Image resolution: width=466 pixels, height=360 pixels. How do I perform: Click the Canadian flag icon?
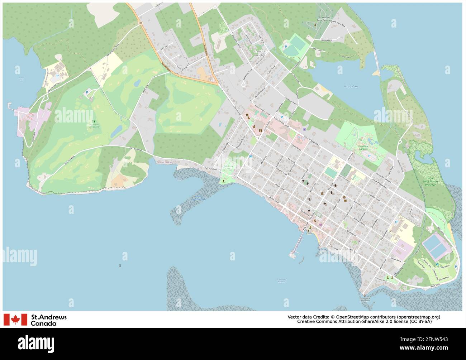[x=15, y=320]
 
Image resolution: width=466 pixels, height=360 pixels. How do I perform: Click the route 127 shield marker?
[x=139, y=23]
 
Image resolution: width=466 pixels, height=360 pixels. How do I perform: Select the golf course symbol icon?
[x=94, y=122]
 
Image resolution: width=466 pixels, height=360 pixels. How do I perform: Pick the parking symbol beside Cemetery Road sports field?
[x=286, y=47]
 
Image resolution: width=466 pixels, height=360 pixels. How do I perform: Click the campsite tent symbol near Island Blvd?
[x=437, y=264]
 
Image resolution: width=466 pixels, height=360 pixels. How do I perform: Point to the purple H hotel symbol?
[x=304, y=129]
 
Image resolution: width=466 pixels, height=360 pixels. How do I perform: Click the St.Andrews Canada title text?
[x=49, y=320]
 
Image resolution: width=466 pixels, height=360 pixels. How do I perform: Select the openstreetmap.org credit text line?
[x=364, y=317]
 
